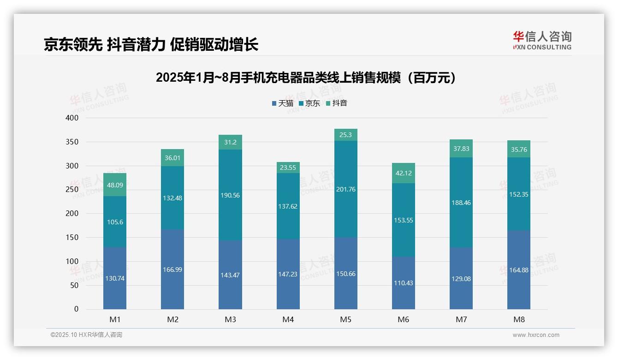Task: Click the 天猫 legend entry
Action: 283,103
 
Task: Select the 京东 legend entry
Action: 309,103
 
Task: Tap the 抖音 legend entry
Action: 336,103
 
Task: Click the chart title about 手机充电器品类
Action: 307,78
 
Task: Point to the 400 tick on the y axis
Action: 72,118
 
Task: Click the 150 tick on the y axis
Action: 72,238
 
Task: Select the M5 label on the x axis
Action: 345,320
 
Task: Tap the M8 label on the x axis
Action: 518,320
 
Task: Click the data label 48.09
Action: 115,185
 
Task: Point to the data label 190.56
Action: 230,195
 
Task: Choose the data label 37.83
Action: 461,149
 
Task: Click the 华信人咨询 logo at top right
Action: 542,40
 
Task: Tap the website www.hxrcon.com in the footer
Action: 536,335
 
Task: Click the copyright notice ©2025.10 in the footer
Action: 86,335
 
